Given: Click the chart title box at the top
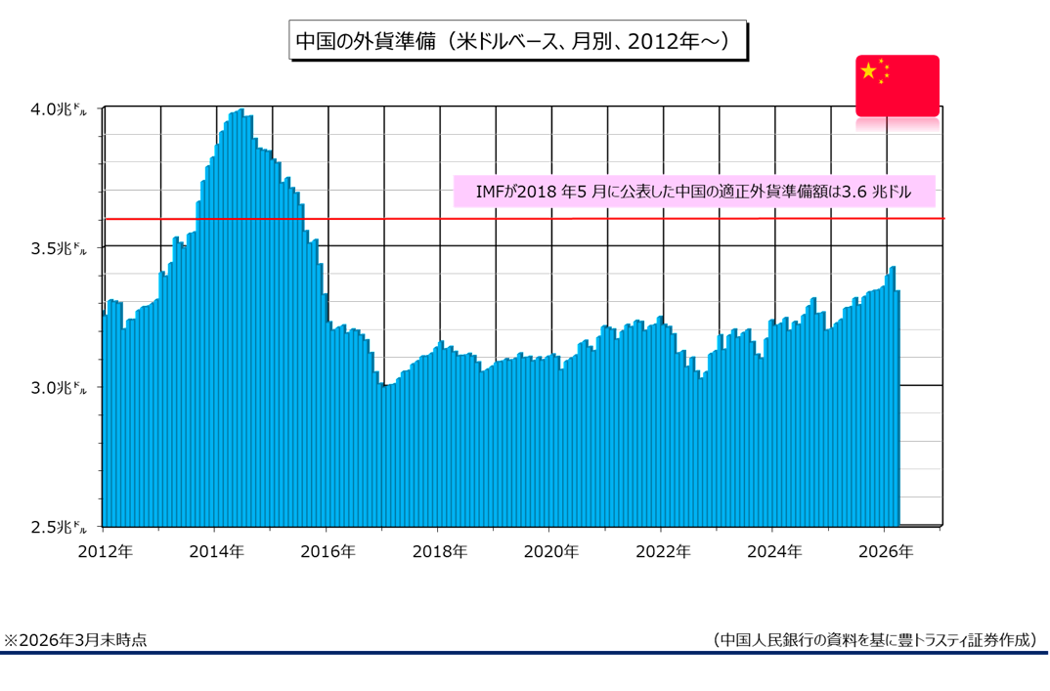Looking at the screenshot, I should [x=519, y=41].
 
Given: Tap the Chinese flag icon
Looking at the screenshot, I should [x=897, y=86].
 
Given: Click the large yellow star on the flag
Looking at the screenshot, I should [x=867, y=71].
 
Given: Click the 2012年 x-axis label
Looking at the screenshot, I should [x=105, y=551].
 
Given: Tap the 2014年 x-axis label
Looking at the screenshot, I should [x=216, y=551].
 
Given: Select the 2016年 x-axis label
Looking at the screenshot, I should [x=328, y=551].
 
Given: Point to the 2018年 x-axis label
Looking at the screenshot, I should [x=439, y=551].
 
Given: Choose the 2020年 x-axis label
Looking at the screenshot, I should [x=550, y=551].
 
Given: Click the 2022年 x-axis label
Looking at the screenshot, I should [x=662, y=551].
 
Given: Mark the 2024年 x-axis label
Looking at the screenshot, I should [x=773, y=551].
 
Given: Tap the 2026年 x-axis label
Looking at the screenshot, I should [x=885, y=551].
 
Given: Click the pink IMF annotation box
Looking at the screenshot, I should [x=695, y=192].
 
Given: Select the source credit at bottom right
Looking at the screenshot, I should [x=875, y=639].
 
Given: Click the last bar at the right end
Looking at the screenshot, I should [x=897, y=410].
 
